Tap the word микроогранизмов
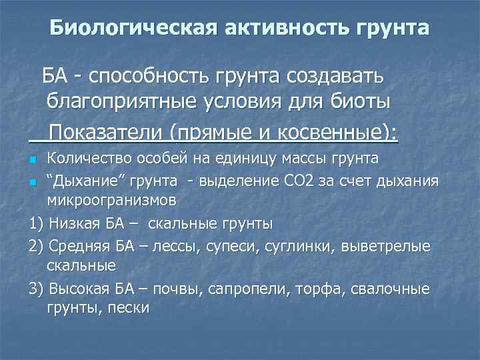point(110,201)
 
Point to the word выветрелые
point(386,247)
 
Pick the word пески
point(131,308)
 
